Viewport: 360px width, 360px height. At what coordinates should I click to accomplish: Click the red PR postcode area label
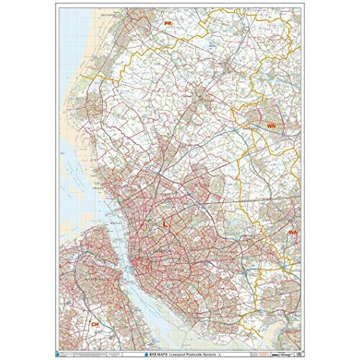pos(168,24)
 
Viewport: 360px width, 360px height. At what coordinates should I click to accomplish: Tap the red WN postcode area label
pos(271,125)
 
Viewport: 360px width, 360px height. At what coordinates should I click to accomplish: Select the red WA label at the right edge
pos(293,233)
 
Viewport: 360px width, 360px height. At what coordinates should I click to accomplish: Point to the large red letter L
pos(166,225)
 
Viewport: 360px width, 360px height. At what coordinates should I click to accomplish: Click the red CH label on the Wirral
pos(94,325)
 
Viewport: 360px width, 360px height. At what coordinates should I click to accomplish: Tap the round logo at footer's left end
pos(63,347)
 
